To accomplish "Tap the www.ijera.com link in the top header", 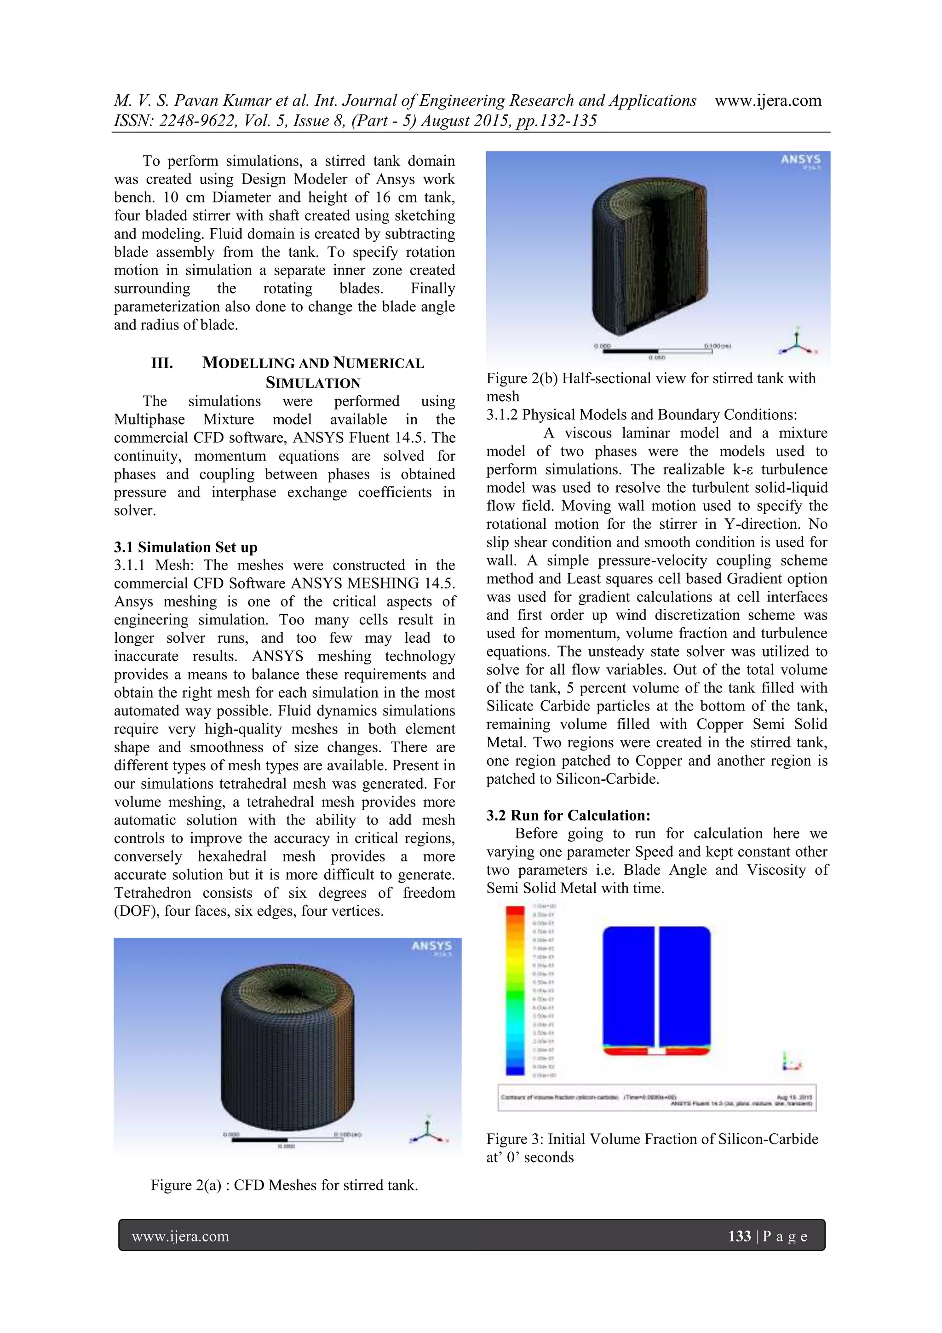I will [x=767, y=100].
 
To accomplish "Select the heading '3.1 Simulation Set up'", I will [x=186, y=547].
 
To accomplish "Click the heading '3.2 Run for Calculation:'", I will [x=568, y=815].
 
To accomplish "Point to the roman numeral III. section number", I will [x=162, y=364].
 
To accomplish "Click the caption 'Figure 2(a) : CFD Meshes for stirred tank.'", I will [x=284, y=1185].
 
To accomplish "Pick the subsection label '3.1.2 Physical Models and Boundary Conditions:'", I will [x=641, y=415].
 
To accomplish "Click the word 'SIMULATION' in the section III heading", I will [x=313, y=383].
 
